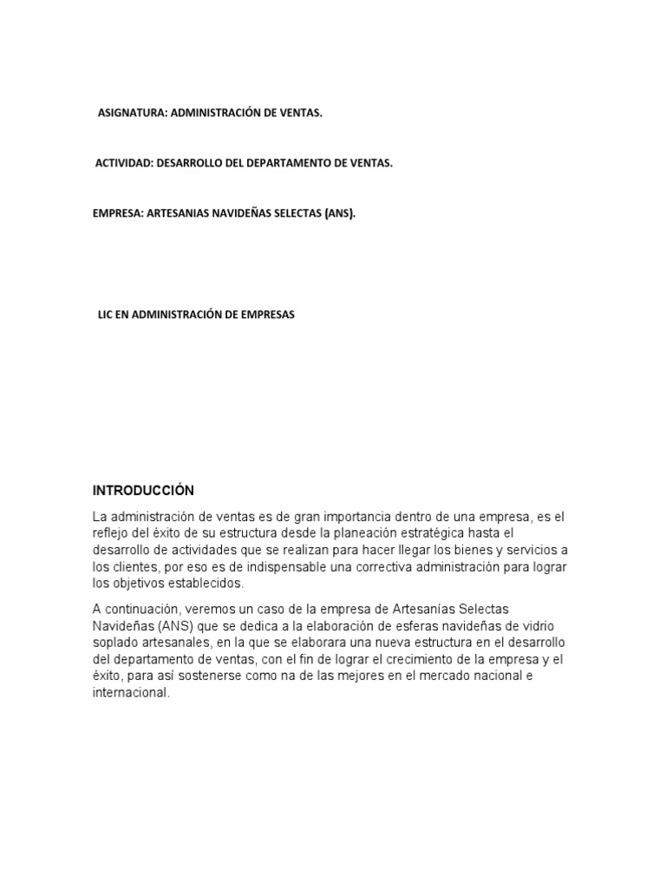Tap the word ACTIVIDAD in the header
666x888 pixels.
[x=122, y=163]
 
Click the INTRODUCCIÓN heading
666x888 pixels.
[x=143, y=491]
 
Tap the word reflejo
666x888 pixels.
[x=112, y=533]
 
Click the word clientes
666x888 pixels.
[x=138, y=566]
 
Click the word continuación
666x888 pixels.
[x=144, y=609]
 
